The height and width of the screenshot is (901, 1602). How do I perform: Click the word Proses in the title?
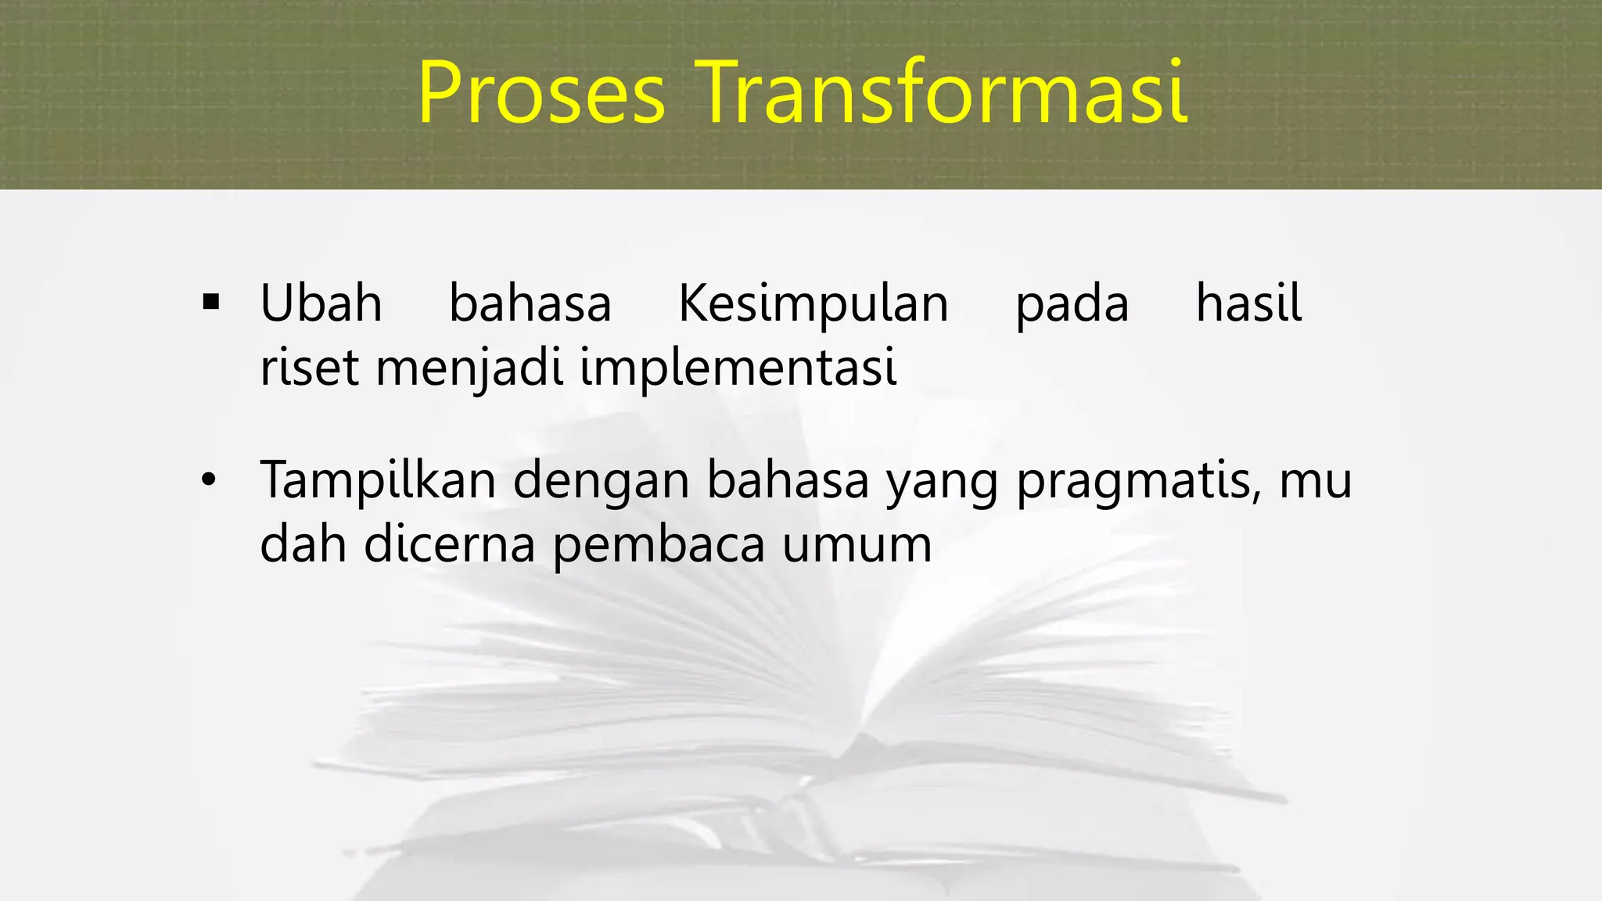(541, 93)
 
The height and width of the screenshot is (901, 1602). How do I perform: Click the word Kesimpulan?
(813, 305)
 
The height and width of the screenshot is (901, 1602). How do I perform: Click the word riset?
(309, 368)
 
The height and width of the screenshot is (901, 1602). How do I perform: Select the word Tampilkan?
(378, 480)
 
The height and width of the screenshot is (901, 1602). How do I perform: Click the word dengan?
(601, 482)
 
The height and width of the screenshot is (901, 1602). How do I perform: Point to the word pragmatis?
(1138, 482)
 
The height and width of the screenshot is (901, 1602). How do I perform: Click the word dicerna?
(450, 544)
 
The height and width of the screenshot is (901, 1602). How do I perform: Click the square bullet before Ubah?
(210, 302)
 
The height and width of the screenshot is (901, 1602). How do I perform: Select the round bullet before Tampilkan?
(207, 480)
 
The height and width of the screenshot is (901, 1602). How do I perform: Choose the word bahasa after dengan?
(788, 480)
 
